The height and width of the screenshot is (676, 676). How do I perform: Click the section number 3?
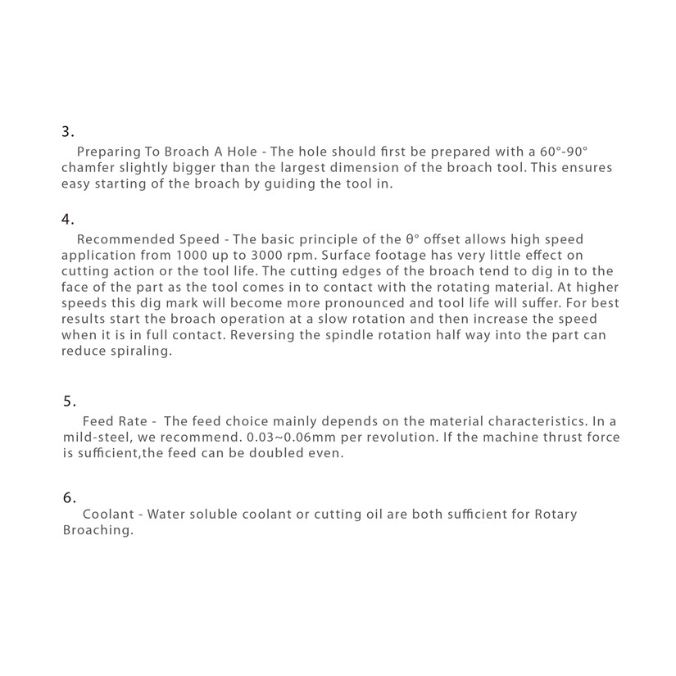(x=68, y=131)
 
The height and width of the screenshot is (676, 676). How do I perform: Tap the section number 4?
(x=68, y=219)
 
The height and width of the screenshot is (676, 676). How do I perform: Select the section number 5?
(x=70, y=401)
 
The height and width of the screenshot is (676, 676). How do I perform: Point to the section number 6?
(x=70, y=497)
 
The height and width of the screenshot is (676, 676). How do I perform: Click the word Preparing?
(x=106, y=152)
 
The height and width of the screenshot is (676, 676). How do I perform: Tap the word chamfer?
(x=88, y=168)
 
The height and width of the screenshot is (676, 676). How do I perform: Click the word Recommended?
(x=125, y=239)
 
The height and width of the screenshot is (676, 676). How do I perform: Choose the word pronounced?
(x=348, y=302)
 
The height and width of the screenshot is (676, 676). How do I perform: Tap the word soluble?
(x=221, y=515)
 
